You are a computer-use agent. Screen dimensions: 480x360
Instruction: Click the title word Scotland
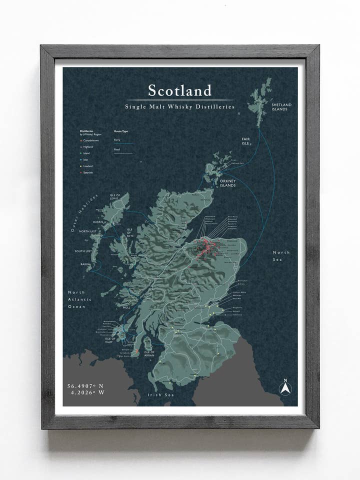[180, 90]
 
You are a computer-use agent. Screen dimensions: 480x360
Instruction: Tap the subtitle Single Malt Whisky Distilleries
[180, 106]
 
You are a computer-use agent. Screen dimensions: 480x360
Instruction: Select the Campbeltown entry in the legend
[93, 140]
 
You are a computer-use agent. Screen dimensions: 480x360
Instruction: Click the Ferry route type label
[117, 140]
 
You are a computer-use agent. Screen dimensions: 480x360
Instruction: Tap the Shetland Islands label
[281, 106]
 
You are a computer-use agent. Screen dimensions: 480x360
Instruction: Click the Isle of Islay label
[111, 340]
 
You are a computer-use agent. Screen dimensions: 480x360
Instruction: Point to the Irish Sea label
[159, 394]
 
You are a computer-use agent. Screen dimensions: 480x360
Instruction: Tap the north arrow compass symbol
[284, 387]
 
